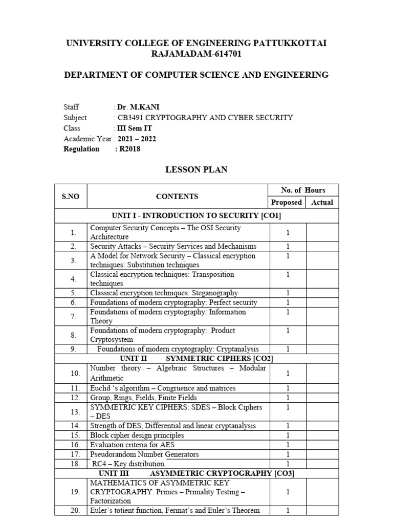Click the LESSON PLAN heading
(196, 170)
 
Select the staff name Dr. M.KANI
(135, 107)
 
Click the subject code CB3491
(131, 117)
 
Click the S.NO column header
(71, 196)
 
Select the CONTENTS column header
(177, 196)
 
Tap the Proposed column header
(286, 202)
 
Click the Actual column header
(322, 202)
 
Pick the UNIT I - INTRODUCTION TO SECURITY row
(196, 216)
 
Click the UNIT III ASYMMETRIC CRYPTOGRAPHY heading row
(196, 473)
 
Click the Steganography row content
(164, 293)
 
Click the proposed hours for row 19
(288, 492)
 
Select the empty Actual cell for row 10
(322, 374)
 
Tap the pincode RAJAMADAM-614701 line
(196, 54)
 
